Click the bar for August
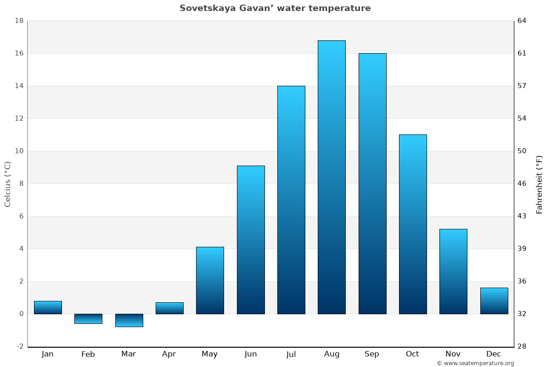pos(332,177)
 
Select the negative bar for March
pos(129,320)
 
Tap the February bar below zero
pos(88,319)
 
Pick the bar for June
pos(251,239)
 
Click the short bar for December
pos(494,301)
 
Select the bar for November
pos(453,271)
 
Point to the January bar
pos(48,307)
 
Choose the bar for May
pos(210,280)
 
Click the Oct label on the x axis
pos(412,354)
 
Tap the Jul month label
pos(291,354)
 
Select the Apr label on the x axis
pos(169,354)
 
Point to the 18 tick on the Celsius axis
pos(19,21)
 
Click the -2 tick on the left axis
pos(20,346)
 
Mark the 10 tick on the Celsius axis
pos(19,151)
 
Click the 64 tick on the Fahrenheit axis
pos(522,21)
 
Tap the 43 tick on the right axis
pos(522,216)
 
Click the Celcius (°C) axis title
pos(7,183)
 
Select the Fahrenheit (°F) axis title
pos(540,184)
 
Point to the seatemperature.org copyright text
pos(475,363)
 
